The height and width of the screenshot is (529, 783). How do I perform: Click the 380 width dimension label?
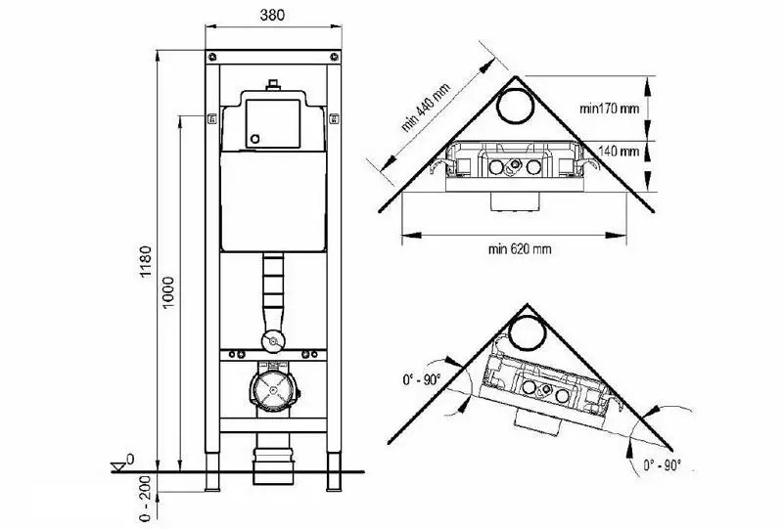pyautogui.click(x=272, y=15)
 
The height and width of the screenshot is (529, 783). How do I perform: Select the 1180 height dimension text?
pyautogui.click(x=145, y=261)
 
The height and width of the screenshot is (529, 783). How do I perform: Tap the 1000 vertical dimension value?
pyautogui.click(x=168, y=292)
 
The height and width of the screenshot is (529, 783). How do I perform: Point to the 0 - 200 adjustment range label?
pyautogui.click(x=145, y=498)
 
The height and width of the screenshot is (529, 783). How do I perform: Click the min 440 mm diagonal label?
pyautogui.click(x=426, y=108)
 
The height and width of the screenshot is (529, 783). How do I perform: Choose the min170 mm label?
pyautogui.click(x=609, y=108)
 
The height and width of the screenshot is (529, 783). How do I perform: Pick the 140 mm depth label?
pyautogui.click(x=619, y=151)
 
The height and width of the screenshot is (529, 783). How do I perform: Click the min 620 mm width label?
pyautogui.click(x=520, y=249)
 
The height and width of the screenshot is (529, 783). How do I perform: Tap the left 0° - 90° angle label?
pyautogui.click(x=422, y=380)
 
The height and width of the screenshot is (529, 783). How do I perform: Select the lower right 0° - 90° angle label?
pyautogui.click(x=663, y=465)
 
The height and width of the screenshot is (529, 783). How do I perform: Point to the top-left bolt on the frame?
pyautogui.click(x=213, y=57)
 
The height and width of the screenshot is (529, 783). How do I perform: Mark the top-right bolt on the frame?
pyautogui.click(x=334, y=57)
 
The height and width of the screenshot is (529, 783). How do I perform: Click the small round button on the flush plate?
pyautogui.click(x=255, y=139)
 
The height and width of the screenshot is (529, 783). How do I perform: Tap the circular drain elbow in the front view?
pyautogui.click(x=273, y=389)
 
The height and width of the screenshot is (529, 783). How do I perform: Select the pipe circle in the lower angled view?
pyautogui.click(x=528, y=333)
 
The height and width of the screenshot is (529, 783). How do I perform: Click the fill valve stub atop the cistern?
pyautogui.click(x=273, y=84)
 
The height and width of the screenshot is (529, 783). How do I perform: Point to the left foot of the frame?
pyautogui.click(x=212, y=471)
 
